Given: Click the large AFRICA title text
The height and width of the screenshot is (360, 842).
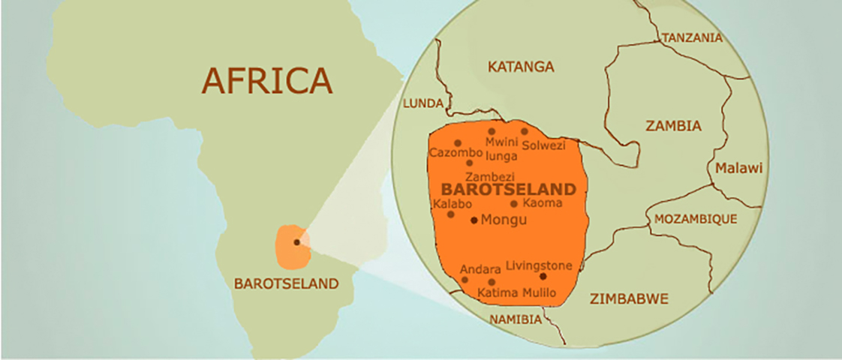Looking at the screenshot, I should [267, 80].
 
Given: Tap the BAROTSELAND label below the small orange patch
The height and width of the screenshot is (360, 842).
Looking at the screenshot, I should [286, 284].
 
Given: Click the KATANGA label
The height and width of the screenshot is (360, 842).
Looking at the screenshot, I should [521, 67].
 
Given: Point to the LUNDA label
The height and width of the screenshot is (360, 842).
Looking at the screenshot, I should [424, 104].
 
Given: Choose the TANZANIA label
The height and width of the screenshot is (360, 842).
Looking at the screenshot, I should [692, 37].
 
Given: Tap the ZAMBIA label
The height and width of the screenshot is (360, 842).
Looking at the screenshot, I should [673, 126].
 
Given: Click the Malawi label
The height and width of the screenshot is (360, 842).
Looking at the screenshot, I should [738, 168].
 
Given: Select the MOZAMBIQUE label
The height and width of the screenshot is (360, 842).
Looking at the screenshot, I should [696, 219].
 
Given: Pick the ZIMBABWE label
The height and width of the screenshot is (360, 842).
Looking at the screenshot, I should [628, 299].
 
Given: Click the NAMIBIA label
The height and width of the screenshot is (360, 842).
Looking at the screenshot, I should [515, 319].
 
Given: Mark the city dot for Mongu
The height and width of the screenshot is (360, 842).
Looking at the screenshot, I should [474, 220].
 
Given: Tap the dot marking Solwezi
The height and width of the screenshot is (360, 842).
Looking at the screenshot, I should [525, 131].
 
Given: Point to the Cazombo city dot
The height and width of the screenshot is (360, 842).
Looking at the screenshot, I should [458, 142].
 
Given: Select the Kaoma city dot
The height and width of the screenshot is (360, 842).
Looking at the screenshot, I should [514, 203].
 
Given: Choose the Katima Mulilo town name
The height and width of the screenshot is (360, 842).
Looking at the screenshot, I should [517, 293].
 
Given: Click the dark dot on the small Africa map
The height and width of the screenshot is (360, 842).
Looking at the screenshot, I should [297, 242].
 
